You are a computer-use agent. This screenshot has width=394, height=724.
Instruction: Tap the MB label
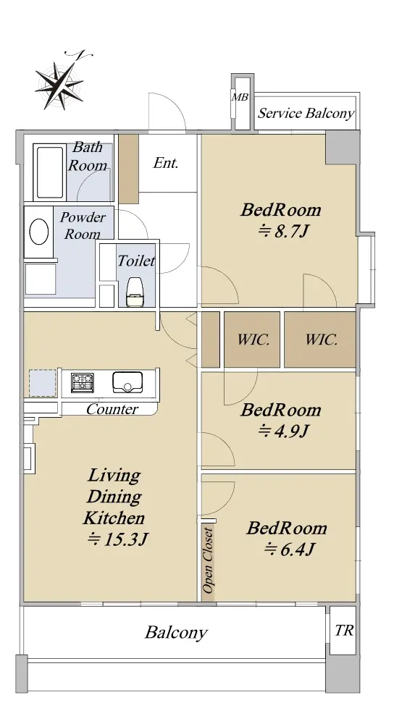[240, 98]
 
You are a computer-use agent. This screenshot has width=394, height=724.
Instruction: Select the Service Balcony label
[306, 114]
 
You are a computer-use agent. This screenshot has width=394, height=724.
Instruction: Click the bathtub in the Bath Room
[49, 172]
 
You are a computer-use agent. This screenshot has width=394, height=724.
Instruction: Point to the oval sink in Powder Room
[39, 232]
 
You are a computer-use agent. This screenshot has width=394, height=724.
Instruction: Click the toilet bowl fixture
[135, 292]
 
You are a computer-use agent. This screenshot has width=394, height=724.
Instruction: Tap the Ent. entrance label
[166, 163]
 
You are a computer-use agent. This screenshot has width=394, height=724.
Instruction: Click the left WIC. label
[253, 340]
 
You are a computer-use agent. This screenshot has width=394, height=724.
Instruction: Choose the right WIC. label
[321, 340]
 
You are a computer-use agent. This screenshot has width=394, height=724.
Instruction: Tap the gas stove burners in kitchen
[83, 383]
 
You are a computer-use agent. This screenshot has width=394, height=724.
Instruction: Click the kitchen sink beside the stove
[127, 382]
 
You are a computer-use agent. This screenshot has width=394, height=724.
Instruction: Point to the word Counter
[112, 409]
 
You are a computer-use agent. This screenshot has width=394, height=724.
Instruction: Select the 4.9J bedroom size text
[282, 432]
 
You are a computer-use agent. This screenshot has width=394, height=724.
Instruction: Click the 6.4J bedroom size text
[289, 550]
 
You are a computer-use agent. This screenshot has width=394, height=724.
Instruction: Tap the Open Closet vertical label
[209, 560]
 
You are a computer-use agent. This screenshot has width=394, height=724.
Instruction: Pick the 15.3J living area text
[117, 539]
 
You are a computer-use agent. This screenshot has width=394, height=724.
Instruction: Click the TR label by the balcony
[343, 631]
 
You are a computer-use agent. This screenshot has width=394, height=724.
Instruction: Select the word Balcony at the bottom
[176, 632]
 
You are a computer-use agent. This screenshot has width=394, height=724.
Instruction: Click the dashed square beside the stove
[43, 383]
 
